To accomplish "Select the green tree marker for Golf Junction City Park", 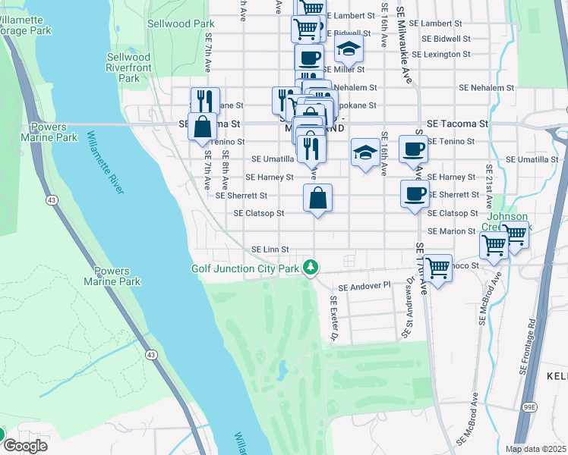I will click(310, 266).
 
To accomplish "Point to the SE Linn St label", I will click(271, 249).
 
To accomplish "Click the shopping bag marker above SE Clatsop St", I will click(318, 199).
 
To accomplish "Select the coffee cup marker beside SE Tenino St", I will click(413, 149).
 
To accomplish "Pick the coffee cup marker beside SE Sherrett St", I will click(415, 194).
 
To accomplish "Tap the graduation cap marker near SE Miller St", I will click(349, 49).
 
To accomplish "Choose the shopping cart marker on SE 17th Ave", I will click(438, 267).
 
